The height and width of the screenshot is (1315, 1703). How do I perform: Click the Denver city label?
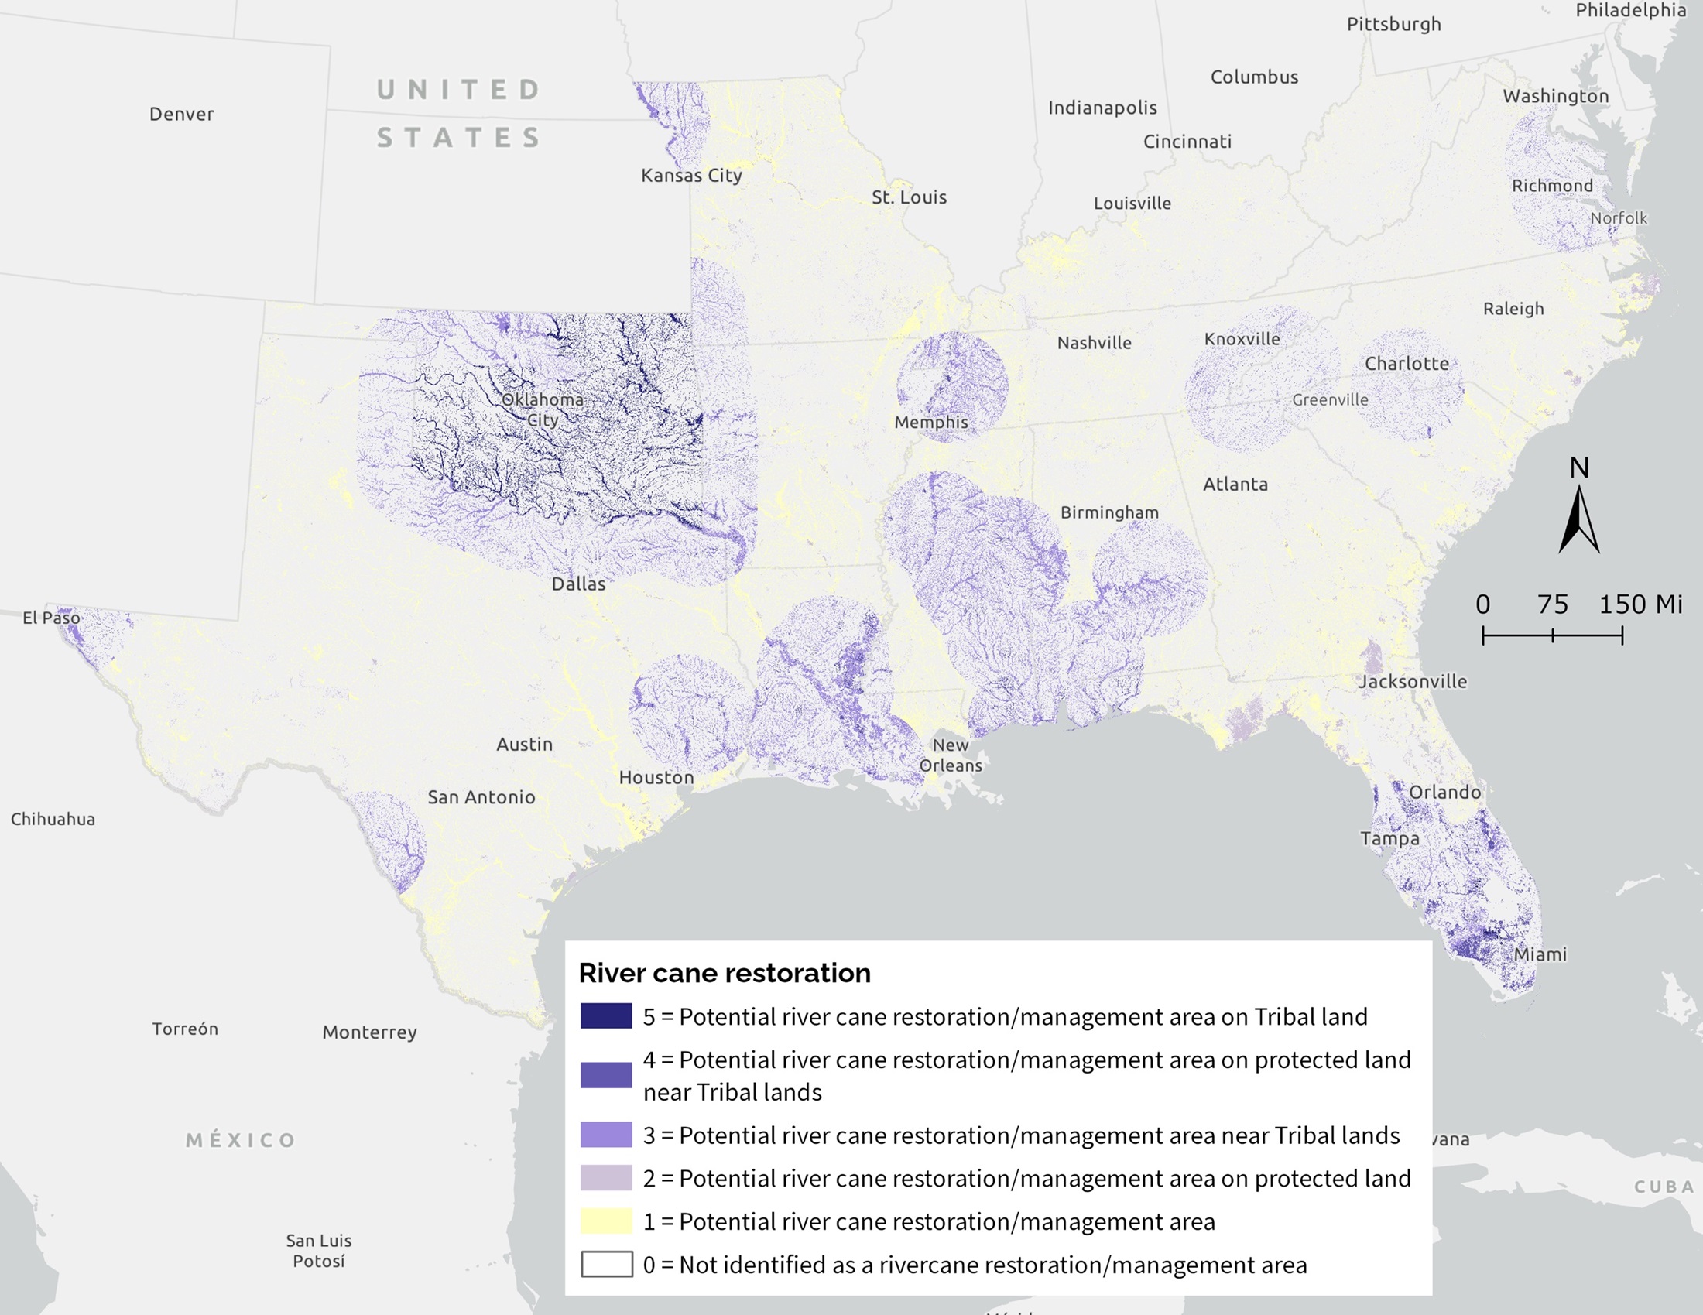[181, 114]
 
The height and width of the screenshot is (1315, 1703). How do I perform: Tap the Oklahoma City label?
[543, 409]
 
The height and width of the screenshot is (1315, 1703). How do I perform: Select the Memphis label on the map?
[931, 422]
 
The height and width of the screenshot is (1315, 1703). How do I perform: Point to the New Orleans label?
[951, 755]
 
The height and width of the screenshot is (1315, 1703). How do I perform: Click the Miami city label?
[1540, 954]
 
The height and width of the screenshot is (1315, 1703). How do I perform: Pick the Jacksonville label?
[1413, 681]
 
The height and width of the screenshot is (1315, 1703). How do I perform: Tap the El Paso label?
[50, 618]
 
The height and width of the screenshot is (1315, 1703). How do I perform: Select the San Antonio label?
[481, 796]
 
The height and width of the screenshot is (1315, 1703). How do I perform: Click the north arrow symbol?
[1579, 519]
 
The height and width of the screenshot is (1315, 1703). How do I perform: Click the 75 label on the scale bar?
[1553, 604]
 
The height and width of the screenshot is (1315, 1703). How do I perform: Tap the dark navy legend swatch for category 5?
[606, 1015]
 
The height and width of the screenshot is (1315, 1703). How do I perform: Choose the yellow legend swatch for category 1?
[606, 1221]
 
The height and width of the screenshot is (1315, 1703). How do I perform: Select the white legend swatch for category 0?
[606, 1265]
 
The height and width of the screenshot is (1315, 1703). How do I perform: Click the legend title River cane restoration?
[725, 973]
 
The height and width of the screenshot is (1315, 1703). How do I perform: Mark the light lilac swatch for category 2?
[606, 1178]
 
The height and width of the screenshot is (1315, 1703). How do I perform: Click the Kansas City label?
[690, 176]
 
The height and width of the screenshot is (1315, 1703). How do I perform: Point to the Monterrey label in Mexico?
[369, 1032]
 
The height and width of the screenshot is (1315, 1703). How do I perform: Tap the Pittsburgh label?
[1393, 24]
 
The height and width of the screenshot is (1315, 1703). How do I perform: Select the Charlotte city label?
[1407, 363]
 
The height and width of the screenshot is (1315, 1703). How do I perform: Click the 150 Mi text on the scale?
[1640, 604]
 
